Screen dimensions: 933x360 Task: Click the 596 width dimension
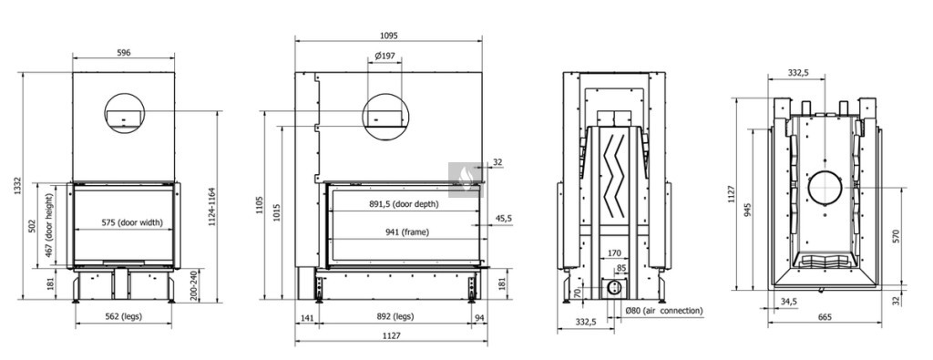[123, 52]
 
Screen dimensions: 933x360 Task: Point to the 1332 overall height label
[18, 186]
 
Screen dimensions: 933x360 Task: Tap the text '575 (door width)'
[131, 223]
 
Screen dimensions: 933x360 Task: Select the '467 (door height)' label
[50, 226]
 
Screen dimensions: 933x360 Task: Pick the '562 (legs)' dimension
[123, 316]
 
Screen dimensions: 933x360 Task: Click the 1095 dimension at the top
[388, 36]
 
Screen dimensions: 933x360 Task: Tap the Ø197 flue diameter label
[384, 56]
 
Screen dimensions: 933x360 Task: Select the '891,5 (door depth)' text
[404, 204]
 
